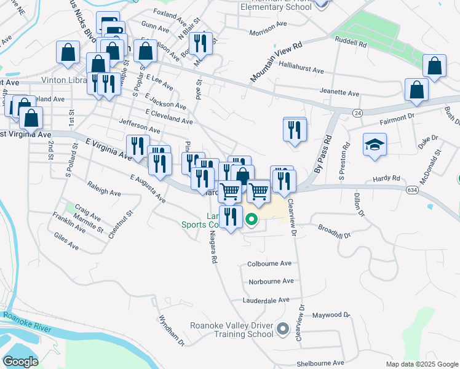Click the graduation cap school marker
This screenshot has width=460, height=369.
coord(375,145)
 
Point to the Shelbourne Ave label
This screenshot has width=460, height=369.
coord(320,363)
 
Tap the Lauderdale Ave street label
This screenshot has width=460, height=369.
coord(266,300)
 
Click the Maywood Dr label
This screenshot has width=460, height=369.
coord(330,315)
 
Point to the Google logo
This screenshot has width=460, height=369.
coord(20,362)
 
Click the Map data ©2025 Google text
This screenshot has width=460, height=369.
coord(421,364)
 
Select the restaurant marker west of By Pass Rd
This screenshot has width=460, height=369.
coord(295,130)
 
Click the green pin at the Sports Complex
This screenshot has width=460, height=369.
coord(252,218)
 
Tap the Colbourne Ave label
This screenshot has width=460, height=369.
coord(269,263)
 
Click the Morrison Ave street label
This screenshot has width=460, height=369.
coord(268,32)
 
